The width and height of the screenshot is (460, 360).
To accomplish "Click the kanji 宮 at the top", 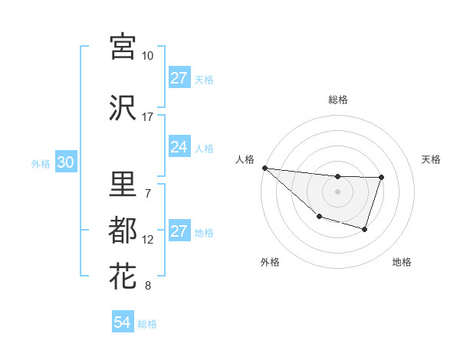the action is tap(123, 46).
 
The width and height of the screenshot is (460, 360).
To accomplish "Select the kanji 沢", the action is tap(123, 108).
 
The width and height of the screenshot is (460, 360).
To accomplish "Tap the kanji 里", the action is tap(123, 185).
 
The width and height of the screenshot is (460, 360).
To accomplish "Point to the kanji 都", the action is tap(123, 230).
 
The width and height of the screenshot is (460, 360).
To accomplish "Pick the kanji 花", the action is tap(123, 276).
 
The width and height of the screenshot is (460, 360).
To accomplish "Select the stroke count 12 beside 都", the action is tap(148, 240).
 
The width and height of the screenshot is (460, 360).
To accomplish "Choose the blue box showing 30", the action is tap(65, 163).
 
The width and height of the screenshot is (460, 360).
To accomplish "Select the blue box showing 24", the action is tap(179, 147).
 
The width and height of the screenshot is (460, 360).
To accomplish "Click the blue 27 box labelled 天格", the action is tap(179, 78).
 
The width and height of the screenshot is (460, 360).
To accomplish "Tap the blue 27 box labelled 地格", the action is tap(179, 231).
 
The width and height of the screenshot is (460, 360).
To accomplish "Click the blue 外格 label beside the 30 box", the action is tap(40, 164).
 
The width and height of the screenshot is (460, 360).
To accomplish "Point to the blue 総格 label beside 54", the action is tap(147, 324).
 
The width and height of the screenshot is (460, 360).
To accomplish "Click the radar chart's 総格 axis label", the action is tap(337, 100).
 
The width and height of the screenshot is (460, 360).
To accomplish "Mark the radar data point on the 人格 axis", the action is tap(264, 168).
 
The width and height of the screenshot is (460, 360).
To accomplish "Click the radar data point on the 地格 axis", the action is tap(365, 229).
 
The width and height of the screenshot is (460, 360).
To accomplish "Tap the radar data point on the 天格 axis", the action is tap(381, 178).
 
